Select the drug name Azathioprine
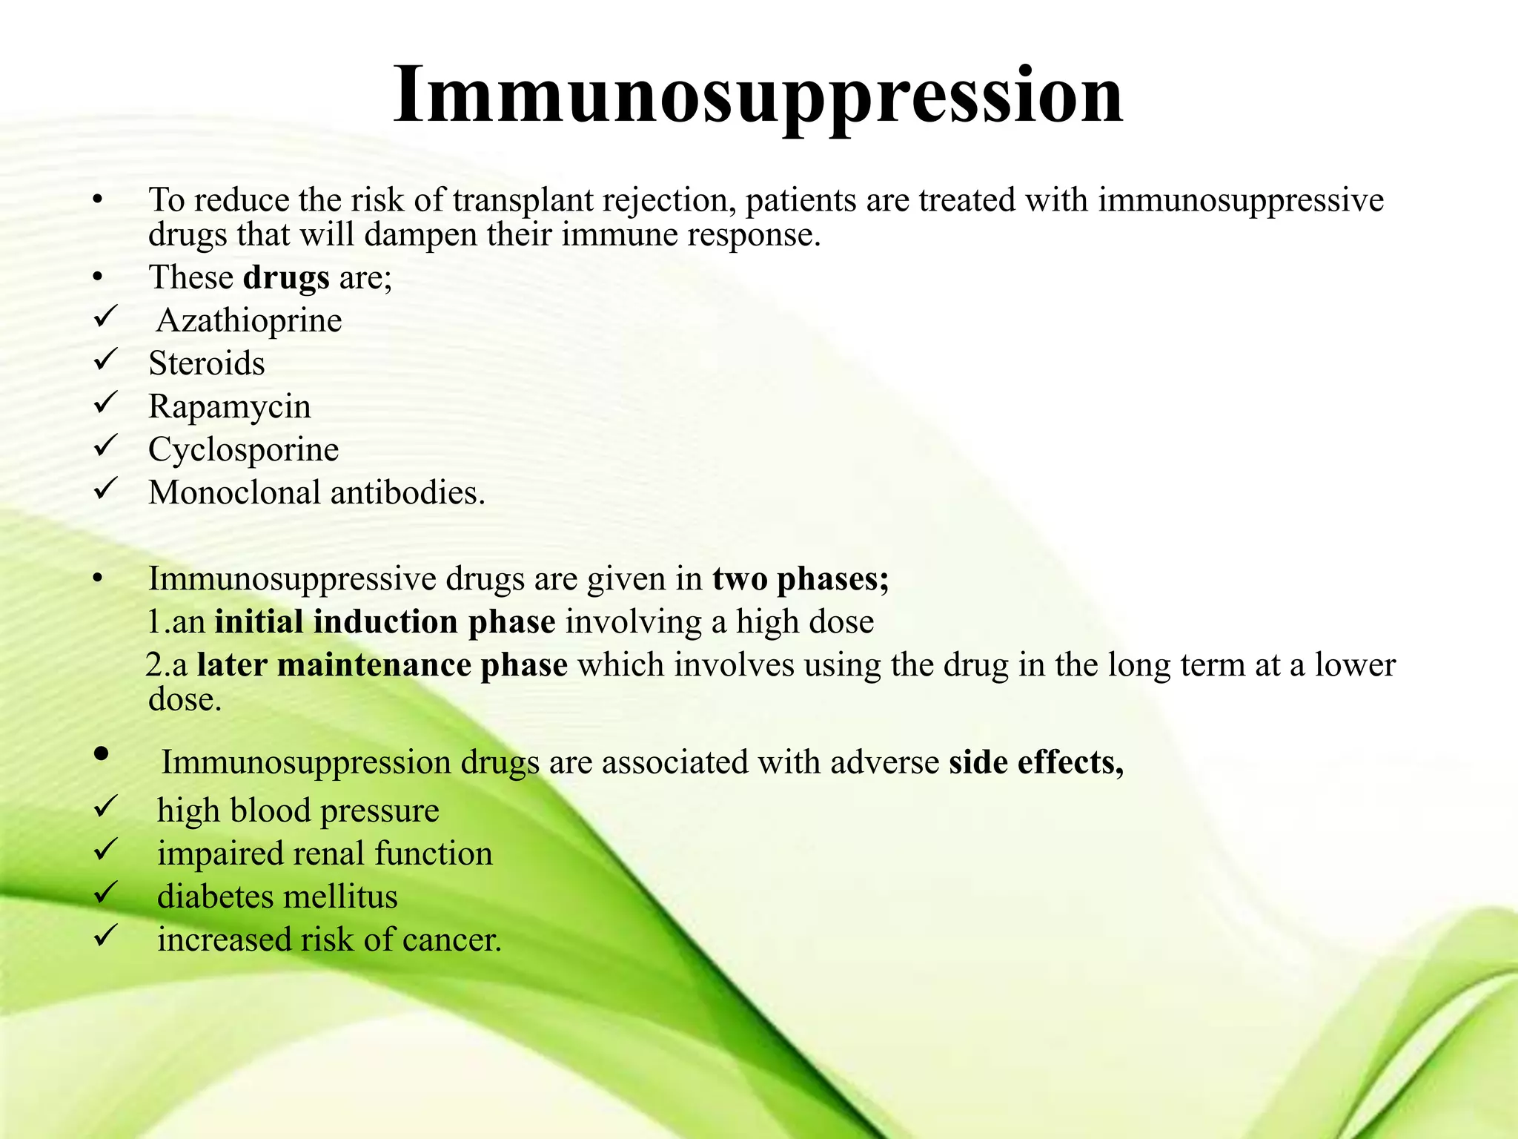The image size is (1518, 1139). coord(249,321)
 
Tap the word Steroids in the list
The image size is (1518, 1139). coord(207,364)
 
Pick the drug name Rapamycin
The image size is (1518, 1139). coord(230,407)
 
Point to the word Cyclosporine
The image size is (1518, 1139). coord(243,450)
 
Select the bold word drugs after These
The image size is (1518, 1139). coord(286,278)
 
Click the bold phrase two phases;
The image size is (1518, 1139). coord(801,579)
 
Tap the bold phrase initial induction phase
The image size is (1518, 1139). coord(385,622)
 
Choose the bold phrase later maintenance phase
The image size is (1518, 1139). coord(382,665)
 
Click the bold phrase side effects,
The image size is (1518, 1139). coord(1036,762)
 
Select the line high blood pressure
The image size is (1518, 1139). coord(298,810)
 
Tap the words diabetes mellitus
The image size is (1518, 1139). coord(277,897)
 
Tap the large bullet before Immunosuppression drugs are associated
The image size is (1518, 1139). coord(102,755)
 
